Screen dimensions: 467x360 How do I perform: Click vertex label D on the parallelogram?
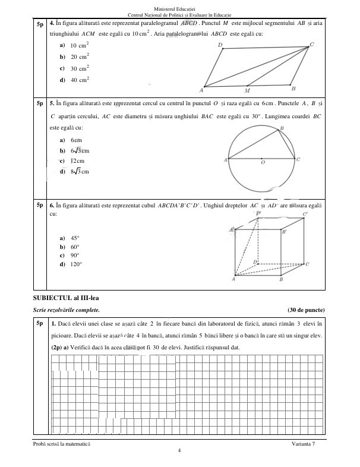click(x=220, y=45)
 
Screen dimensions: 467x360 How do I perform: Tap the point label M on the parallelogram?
click(x=247, y=91)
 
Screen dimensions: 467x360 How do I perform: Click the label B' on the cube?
click(x=285, y=232)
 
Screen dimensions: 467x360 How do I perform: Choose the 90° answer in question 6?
click(x=75, y=255)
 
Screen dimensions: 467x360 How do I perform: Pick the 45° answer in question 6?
click(x=75, y=238)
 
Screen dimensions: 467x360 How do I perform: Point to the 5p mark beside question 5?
click(x=40, y=103)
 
